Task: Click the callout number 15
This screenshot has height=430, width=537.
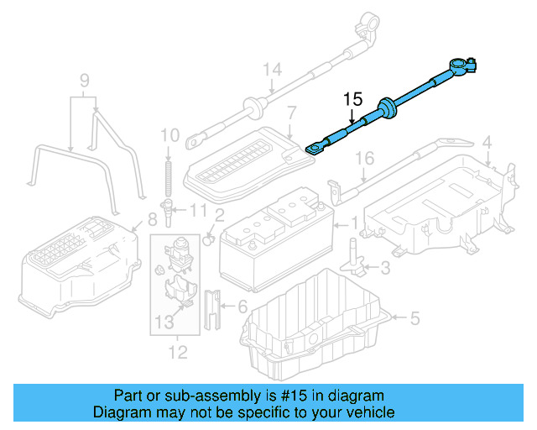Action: pyautogui.click(x=352, y=100)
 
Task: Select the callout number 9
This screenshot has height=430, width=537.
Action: pyautogui.click(x=83, y=81)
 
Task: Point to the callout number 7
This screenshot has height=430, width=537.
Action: pyautogui.click(x=291, y=112)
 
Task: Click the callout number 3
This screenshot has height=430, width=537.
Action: pyautogui.click(x=385, y=268)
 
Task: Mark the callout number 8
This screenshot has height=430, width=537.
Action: pyautogui.click(x=152, y=221)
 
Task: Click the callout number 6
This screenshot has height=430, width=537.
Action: pyautogui.click(x=243, y=307)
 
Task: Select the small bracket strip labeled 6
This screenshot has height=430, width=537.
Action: pyautogui.click(x=213, y=309)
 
